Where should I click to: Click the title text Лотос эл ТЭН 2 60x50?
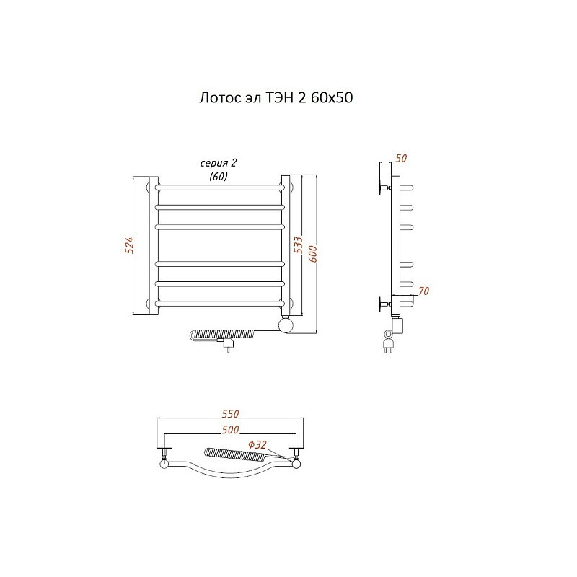coord(276,98)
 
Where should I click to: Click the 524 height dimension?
coord(129,245)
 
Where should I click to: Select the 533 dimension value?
coord(299,245)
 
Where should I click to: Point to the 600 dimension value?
coord(313,255)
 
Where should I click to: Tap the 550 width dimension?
coord(230,414)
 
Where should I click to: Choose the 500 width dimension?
coord(230,430)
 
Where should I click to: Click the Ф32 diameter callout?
coord(257,445)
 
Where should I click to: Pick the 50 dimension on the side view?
coord(401,158)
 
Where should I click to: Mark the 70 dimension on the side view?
coord(424,291)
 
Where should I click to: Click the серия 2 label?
coord(219,163)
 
